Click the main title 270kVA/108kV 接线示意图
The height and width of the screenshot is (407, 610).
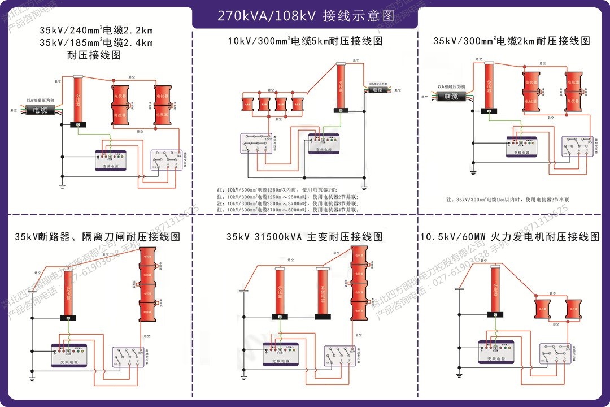click(304, 15)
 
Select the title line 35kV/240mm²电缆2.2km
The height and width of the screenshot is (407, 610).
click(96, 31)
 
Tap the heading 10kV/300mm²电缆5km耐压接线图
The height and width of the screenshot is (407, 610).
click(305, 41)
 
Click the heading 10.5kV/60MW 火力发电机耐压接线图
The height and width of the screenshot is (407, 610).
click(510, 237)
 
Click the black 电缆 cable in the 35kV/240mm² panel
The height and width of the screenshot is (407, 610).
click(40, 110)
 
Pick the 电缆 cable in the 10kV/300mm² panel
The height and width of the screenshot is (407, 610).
click(376, 90)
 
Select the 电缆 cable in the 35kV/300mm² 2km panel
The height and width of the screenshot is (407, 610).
click(450, 97)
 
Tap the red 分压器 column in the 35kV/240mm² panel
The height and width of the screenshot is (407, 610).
click(78, 100)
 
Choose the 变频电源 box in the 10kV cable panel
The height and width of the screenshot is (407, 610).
click(324, 144)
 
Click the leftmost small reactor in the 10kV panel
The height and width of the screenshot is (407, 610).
click(247, 105)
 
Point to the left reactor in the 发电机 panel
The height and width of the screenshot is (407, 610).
click(542, 309)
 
